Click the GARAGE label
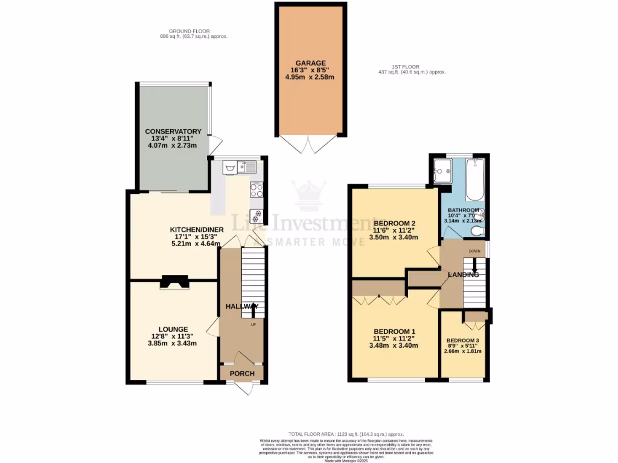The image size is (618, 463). coord(311,63)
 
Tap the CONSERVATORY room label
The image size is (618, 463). coord(173,131)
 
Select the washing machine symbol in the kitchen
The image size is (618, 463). coord(230,166)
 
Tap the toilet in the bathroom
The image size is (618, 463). coord(477,230)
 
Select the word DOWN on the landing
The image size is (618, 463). coord(474,251)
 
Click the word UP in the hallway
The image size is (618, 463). coord(253,324)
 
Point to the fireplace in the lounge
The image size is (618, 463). coord(174,282)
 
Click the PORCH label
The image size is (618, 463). coord(241,374)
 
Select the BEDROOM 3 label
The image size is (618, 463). coord(462,340)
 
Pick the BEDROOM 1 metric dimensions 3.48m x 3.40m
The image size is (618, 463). coord(395,345)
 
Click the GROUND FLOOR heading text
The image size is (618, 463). coord(190,32)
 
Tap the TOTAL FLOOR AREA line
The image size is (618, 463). coord(346,434)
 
